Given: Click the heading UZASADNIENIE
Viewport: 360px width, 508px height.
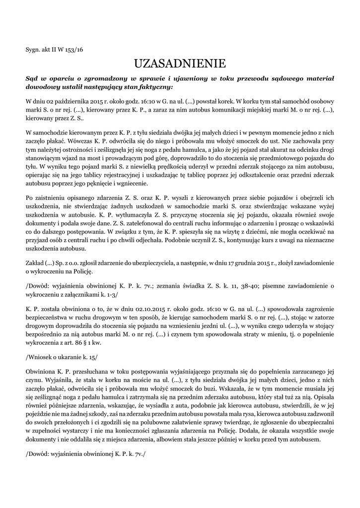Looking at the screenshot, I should [180, 63].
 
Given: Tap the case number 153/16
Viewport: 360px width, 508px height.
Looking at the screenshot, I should [74, 50].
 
